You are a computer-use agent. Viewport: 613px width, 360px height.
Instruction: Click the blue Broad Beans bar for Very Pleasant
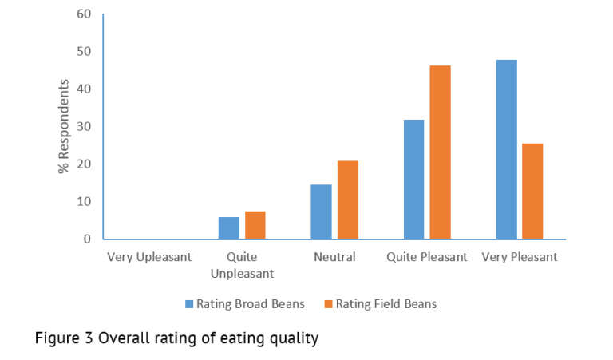click(506, 149)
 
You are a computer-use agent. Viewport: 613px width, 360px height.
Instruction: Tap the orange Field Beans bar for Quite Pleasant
click(440, 152)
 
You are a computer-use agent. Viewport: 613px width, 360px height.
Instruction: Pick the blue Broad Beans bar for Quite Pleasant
click(413, 180)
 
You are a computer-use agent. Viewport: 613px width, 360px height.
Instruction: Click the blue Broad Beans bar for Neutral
click(321, 212)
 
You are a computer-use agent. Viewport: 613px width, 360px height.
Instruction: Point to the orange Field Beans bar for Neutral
click(347, 200)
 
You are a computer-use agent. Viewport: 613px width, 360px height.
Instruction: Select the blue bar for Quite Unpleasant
click(228, 228)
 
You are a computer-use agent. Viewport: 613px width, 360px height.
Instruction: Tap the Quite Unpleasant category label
click(242, 265)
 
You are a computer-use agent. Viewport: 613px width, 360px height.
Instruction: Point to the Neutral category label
click(334, 258)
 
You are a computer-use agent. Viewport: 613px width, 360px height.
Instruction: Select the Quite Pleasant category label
click(426, 258)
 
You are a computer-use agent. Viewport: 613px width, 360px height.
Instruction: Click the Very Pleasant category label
click(520, 258)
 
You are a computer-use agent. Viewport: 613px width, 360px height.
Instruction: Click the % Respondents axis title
click(63, 126)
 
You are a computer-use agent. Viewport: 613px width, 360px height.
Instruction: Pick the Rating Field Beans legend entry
click(380, 304)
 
